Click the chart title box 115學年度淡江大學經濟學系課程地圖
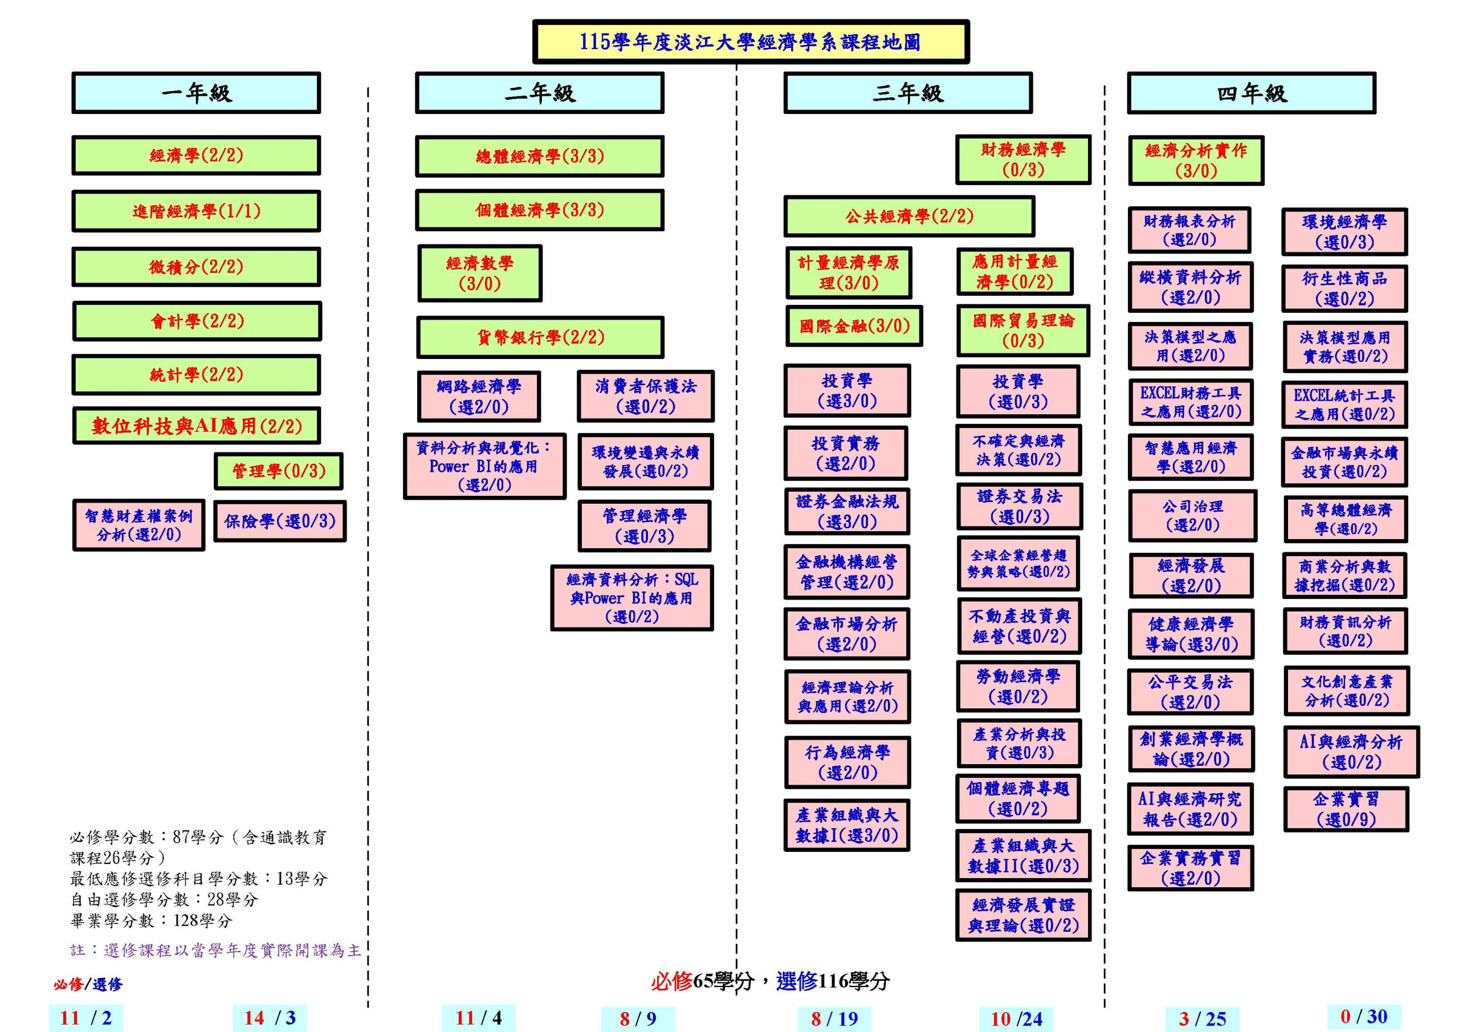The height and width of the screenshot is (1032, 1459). (x=751, y=42)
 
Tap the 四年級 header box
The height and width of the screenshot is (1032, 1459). (x=1251, y=93)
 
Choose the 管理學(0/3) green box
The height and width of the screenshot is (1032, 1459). (x=278, y=471)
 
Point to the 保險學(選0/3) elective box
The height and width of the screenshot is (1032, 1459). (x=280, y=521)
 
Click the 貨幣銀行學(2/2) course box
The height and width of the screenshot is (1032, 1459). (x=540, y=337)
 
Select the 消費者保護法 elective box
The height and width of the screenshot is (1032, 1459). (x=646, y=396)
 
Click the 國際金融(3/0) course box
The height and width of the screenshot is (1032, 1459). (x=854, y=326)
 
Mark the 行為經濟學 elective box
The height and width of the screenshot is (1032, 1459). (x=847, y=762)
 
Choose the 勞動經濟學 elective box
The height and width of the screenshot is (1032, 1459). (x=1018, y=686)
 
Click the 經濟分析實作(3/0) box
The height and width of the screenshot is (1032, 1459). (x=1196, y=160)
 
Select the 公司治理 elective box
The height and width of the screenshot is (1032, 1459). (x=1192, y=515)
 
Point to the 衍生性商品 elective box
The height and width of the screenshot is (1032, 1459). (x=1344, y=288)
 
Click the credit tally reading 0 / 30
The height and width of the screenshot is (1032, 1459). (x=1364, y=1016)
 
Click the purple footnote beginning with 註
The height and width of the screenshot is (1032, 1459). (x=215, y=950)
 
